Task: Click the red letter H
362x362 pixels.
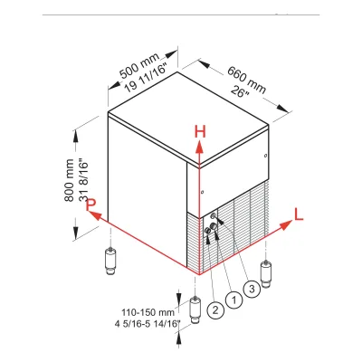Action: click(x=200, y=132)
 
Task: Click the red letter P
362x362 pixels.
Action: click(x=90, y=205)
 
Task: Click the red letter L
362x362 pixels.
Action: click(x=299, y=214)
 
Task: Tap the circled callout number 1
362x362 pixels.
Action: click(x=233, y=300)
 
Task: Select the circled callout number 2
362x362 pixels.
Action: click(x=215, y=310)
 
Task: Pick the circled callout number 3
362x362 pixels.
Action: click(x=252, y=290)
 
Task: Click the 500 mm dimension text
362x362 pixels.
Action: click(x=139, y=65)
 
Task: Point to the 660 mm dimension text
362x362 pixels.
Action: click(x=247, y=80)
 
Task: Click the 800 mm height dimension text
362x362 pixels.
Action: click(x=69, y=180)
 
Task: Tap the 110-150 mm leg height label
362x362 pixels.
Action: click(x=148, y=312)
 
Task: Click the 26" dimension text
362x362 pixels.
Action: click(x=240, y=91)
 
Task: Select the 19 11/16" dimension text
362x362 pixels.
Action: click(x=146, y=78)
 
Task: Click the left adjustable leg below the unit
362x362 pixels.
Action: click(x=110, y=261)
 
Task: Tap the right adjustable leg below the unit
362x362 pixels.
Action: click(x=266, y=274)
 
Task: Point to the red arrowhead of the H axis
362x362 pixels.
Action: click(x=199, y=147)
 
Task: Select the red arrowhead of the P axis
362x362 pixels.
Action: click(x=94, y=214)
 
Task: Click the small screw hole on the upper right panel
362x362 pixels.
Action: click(x=265, y=156)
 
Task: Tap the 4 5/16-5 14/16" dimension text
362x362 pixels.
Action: click(x=148, y=324)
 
